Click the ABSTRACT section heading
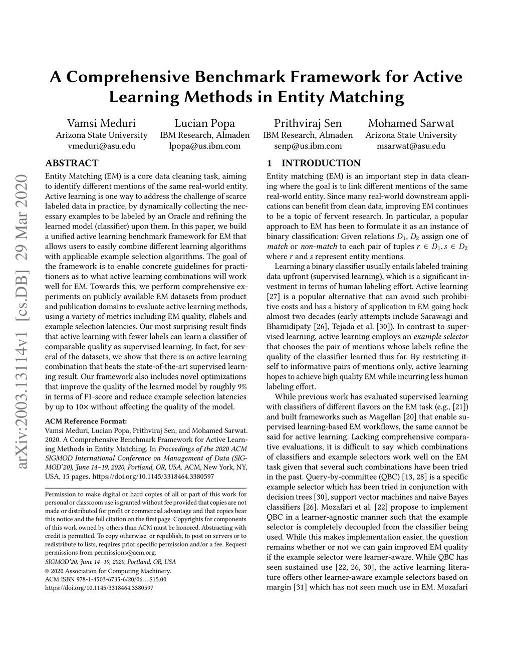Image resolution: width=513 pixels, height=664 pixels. tap(72, 163)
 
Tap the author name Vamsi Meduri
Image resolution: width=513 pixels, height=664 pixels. tap(101, 123)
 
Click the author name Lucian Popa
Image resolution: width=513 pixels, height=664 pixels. tap(204, 123)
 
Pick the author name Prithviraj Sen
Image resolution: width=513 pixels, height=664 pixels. tap(308, 123)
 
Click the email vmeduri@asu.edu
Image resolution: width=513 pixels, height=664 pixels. tap(101, 146)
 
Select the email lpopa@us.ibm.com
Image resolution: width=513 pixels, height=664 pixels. tap(204, 146)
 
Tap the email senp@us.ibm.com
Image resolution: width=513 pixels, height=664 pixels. tap(308, 146)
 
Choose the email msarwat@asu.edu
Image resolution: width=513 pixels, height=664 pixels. tap(411, 146)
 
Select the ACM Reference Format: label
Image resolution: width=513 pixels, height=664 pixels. tap(86, 421)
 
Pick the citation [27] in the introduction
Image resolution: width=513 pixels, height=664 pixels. tap(273, 297)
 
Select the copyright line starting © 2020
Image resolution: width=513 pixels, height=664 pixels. tap(108, 571)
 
